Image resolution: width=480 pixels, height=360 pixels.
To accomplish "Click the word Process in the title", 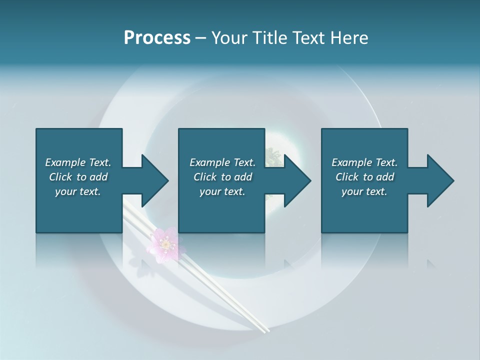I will pyautogui.click(x=157, y=38).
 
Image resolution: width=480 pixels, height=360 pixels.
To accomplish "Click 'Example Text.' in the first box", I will pyautogui.click(x=78, y=162).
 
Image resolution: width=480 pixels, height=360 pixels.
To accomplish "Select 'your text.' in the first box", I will pyautogui.click(x=78, y=191).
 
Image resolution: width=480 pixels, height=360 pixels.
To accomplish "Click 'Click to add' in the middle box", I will pyautogui.click(x=222, y=177).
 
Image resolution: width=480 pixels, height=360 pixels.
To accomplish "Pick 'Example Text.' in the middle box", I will pyautogui.click(x=222, y=162).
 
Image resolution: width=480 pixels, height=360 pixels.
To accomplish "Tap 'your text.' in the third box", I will pyautogui.click(x=364, y=191).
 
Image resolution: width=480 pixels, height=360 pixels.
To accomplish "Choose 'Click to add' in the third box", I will pyautogui.click(x=364, y=177).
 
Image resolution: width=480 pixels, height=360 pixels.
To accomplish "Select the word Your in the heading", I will pyautogui.click(x=227, y=38).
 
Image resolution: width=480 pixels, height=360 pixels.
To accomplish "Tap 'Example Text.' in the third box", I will pyautogui.click(x=364, y=162).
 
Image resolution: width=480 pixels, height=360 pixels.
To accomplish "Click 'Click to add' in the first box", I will pyautogui.click(x=78, y=177).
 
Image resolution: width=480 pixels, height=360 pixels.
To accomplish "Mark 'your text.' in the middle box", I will pyautogui.click(x=222, y=191).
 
